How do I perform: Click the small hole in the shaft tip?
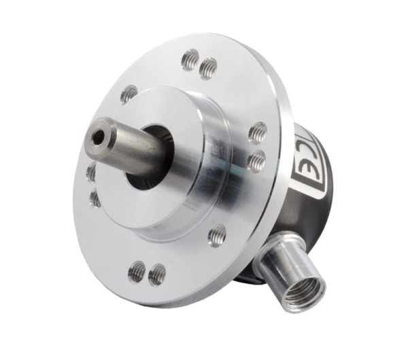(99, 137)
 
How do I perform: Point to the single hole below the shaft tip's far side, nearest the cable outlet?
(217, 236)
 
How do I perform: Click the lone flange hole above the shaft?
(128, 94)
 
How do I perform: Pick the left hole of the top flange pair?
(190, 60)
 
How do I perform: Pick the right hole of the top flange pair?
(208, 67)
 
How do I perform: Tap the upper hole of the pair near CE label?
(258, 132)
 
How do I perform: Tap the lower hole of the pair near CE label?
(256, 161)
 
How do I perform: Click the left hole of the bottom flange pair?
(137, 272)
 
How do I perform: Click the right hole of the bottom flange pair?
(157, 274)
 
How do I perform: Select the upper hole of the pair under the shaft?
(91, 173)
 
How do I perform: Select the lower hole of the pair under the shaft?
(95, 198)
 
